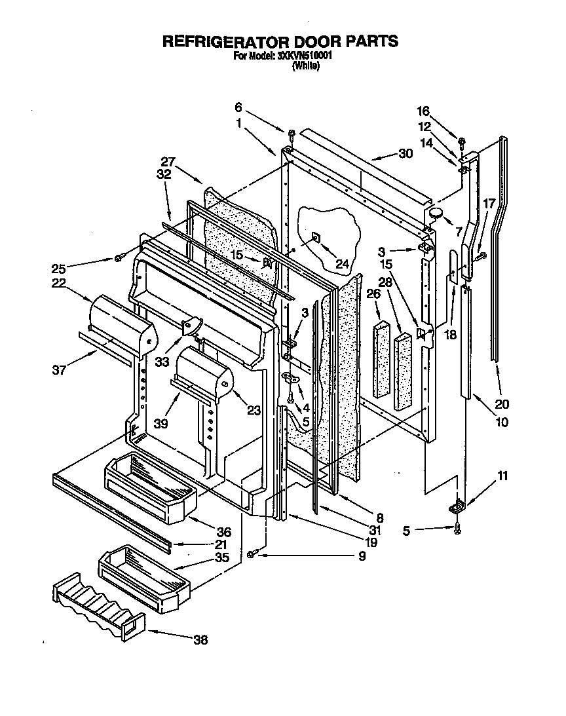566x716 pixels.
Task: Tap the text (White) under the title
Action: pos(305,66)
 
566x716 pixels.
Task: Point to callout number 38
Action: pos(200,640)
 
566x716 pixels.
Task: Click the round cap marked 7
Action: pos(436,212)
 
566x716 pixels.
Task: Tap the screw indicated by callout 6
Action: pos(291,135)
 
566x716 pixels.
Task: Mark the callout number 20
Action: pos(502,404)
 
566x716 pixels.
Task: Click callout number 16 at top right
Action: pos(424,111)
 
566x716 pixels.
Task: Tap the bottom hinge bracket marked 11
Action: pos(457,507)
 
